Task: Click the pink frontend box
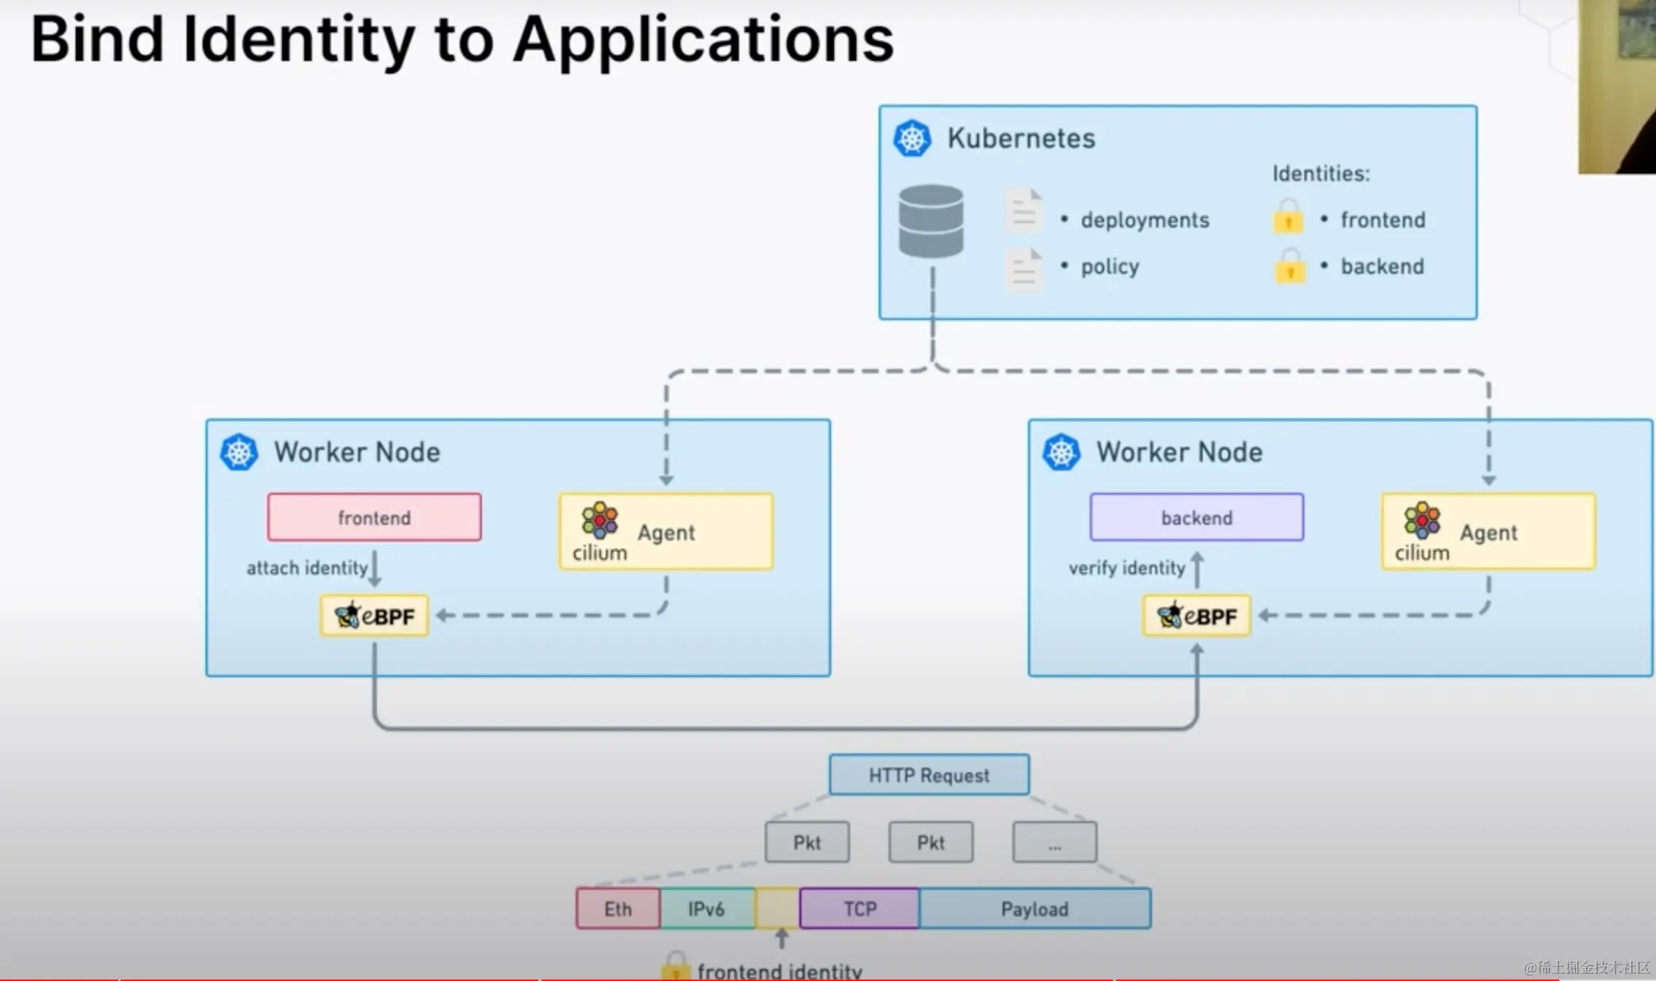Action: pos(374,517)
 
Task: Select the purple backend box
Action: pos(1196,517)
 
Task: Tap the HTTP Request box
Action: pos(929,775)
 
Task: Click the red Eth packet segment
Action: pos(618,909)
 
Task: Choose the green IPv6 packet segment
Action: pos(707,909)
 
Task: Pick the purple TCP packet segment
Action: pos(860,909)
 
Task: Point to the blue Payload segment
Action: pos(1034,909)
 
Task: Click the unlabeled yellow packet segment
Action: pos(777,909)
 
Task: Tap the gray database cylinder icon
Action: pos(931,221)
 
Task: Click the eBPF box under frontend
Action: pos(375,616)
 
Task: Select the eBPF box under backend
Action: pos(1197,616)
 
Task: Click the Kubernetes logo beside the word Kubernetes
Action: pos(912,139)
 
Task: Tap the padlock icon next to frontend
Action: pos(1288,217)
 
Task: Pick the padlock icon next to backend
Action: pos(1290,266)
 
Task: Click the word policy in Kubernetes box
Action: pos(1110,267)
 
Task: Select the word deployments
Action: pos(1145,220)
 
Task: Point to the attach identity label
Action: pos(306,568)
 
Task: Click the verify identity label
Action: pos(1126,568)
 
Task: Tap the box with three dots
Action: pos(1054,842)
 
